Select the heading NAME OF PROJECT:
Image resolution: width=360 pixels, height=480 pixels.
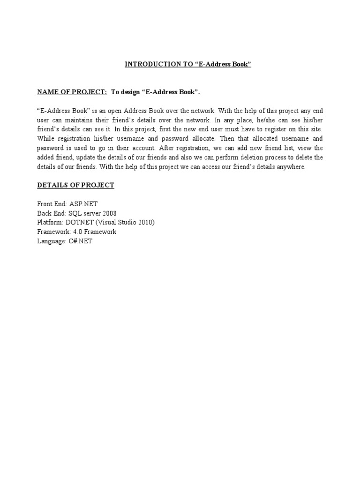[x=72, y=92]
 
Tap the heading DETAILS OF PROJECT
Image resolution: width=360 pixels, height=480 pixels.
[x=75, y=185]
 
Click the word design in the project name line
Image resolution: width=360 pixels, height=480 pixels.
[x=130, y=92]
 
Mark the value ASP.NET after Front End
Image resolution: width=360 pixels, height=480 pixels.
[x=83, y=204]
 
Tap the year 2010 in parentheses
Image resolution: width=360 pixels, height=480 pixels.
[x=144, y=222]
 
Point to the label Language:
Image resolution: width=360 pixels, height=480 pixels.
[x=52, y=241]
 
